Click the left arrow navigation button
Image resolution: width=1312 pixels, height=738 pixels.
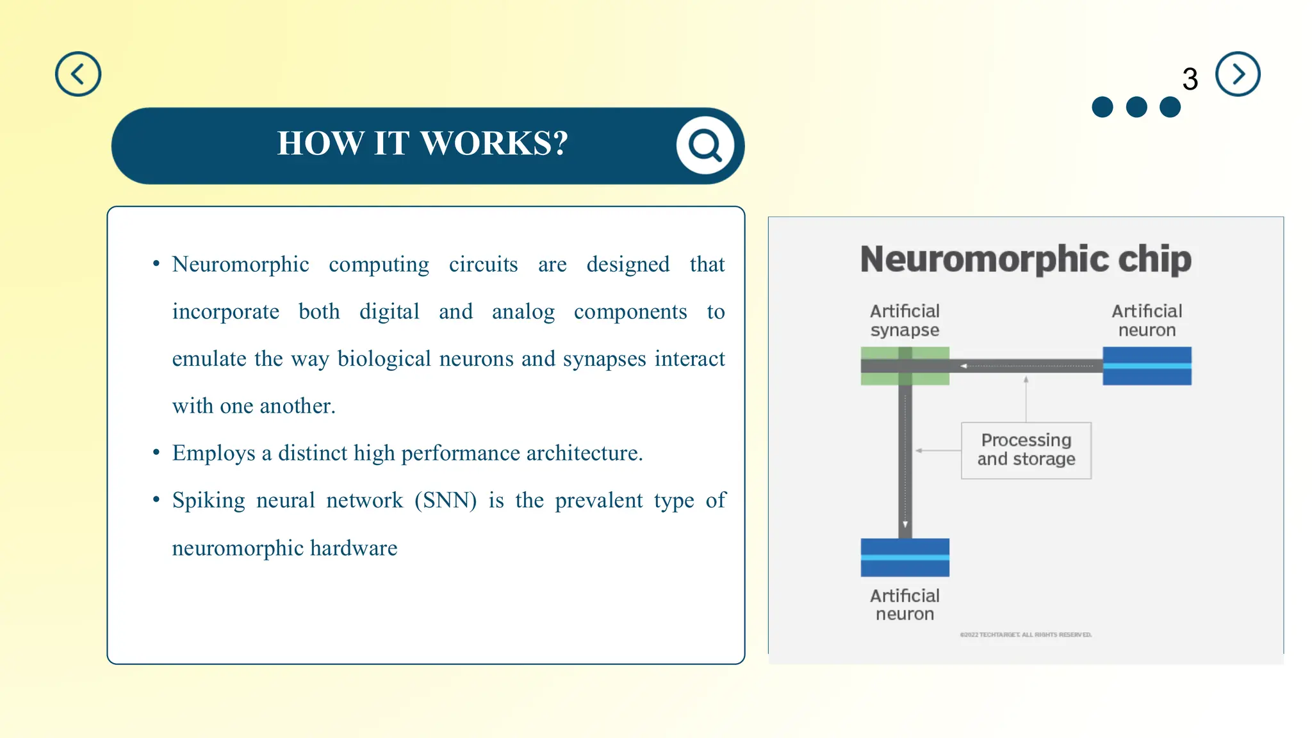[x=78, y=74]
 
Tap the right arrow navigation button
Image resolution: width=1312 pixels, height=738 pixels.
[x=1237, y=74]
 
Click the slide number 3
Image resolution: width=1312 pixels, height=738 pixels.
[x=1190, y=79]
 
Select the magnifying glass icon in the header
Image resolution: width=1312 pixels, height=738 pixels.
[x=705, y=145]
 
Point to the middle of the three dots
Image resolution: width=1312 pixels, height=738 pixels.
[x=1136, y=107]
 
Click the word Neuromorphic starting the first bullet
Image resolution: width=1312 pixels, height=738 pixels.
[x=240, y=264]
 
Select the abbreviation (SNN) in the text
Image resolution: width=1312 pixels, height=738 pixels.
[x=445, y=500]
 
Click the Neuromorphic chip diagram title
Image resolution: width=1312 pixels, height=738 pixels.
[x=1025, y=259]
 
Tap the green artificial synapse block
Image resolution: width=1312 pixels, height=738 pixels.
[x=905, y=366]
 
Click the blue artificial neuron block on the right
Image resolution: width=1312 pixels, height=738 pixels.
[x=1146, y=366]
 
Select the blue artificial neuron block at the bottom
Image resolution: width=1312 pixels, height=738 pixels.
[x=905, y=557]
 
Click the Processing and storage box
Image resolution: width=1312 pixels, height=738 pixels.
[x=1026, y=450]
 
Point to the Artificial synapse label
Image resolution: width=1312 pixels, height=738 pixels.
[x=905, y=320]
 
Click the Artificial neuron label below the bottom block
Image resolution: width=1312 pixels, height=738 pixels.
[x=905, y=604]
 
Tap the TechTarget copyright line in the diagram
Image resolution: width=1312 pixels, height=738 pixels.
[x=1025, y=635]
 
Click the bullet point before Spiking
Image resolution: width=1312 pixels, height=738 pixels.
[x=156, y=499]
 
